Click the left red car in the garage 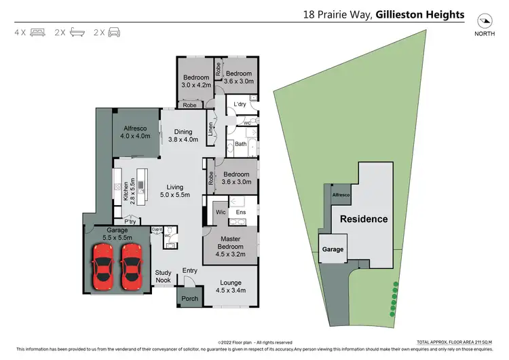pos(103,264)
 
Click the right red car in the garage pos(131,264)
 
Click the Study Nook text pos(164,276)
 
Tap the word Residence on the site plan pos(364,219)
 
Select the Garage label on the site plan pos(333,249)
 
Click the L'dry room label pos(239,104)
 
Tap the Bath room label pos(240,144)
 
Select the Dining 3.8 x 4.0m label pos(183,136)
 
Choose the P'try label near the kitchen pos(128,221)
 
